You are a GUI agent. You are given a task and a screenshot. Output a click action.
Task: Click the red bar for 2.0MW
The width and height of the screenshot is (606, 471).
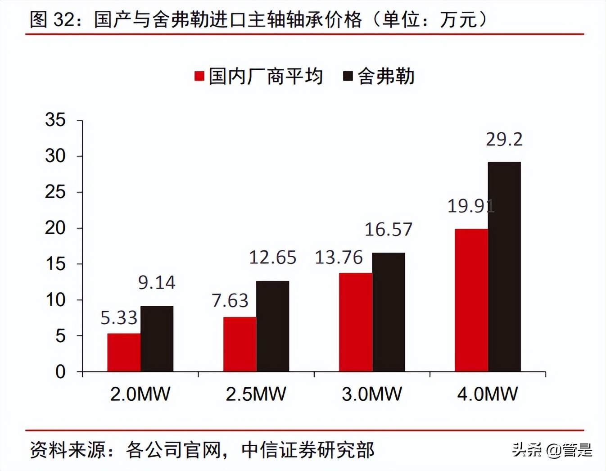point(124,352)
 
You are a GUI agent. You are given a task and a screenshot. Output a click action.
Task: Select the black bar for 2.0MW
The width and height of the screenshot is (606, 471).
point(157,339)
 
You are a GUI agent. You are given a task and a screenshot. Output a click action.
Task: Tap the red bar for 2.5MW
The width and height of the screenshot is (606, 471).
point(240,344)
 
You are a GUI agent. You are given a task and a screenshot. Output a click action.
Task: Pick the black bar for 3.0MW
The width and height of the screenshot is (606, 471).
point(388,312)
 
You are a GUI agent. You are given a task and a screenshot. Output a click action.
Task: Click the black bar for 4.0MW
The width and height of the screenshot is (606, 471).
point(504,267)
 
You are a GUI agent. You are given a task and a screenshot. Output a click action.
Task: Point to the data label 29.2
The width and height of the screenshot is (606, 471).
point(504,140)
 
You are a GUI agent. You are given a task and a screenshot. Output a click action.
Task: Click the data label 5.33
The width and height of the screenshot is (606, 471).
point(118,318)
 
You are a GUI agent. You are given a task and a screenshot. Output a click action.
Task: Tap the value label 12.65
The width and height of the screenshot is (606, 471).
point(272,258)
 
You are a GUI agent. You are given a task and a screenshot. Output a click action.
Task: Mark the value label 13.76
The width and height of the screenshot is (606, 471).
point(339,258)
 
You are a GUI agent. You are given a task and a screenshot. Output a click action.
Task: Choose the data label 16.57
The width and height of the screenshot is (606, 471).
point(388,230)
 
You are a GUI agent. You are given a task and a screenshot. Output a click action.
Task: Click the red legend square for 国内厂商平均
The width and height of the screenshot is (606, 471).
point(199,76)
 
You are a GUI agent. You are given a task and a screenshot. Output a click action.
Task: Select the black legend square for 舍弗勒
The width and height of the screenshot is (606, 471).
point(348,76)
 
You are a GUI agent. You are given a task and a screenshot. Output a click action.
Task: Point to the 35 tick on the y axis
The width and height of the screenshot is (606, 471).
point(55,120)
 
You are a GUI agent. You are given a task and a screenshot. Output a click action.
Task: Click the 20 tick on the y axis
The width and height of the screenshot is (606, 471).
point(55,228)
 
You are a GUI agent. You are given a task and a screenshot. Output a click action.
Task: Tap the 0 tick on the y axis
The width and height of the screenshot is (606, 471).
point(60,372)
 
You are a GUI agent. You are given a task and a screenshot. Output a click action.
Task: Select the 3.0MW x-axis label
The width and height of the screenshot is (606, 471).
point(371,394)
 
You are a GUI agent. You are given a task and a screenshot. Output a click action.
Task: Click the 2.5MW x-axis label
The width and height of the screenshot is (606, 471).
point(256,394)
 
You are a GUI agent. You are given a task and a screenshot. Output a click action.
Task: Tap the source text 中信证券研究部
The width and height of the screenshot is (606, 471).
point(308,450)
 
